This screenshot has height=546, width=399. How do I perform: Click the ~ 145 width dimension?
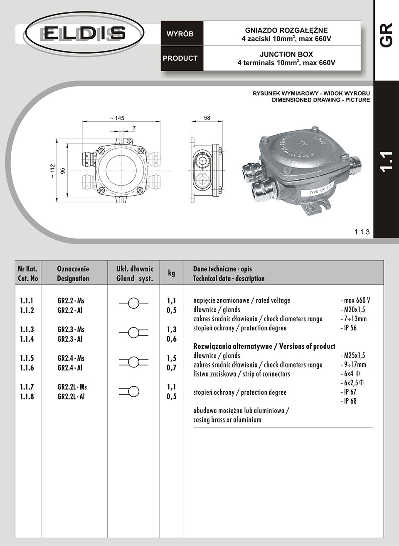(x=117, y=118)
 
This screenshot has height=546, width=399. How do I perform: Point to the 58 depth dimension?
(x=207, y=118)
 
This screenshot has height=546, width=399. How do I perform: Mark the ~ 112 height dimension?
(x=52, y=171)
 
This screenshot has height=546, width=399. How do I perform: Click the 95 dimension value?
(x=63, y=171)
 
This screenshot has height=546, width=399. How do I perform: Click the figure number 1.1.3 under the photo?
(x=362, y=232)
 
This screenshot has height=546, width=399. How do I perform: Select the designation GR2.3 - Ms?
(x=71, y=330)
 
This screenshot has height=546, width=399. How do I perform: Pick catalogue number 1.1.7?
(x=27, y=387)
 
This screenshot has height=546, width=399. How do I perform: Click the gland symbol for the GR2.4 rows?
(x=133, y=362)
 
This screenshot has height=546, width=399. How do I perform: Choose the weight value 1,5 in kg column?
(x=171, y=358)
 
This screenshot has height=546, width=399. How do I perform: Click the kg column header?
(x=171, y=273)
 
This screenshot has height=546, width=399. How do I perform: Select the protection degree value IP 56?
(x=350, y=328)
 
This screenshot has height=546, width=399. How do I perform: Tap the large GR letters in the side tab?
(x=386, y=35)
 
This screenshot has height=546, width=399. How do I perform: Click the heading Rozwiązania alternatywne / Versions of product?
(x=264, y=346)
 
